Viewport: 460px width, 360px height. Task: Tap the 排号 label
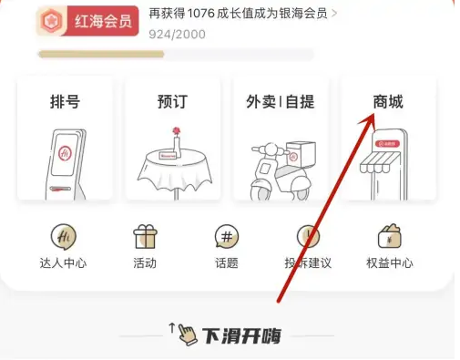(x=65, y=102)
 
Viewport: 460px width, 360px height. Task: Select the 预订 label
(x=172, y=102)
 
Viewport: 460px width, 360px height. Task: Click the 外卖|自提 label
(x=280, y=102)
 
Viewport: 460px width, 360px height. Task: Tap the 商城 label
(x=388, y=102)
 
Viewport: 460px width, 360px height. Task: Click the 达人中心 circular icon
(x=64, y=236)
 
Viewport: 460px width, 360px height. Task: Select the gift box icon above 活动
(x=145, y=236)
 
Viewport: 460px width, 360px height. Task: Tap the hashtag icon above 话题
(x=227, y=236)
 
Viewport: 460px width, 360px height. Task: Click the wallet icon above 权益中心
(x=390, y=236)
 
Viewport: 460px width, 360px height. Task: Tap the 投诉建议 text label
(x=308, y=263)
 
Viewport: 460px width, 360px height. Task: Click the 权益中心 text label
(x=390, y=263)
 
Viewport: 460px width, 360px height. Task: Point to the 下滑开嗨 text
(x=241, y=334)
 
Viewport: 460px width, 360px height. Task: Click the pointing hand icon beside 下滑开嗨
(x=185, y=334)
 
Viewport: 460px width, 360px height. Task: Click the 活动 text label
(x=145, y=263)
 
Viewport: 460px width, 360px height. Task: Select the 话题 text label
(x=227, y=263)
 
